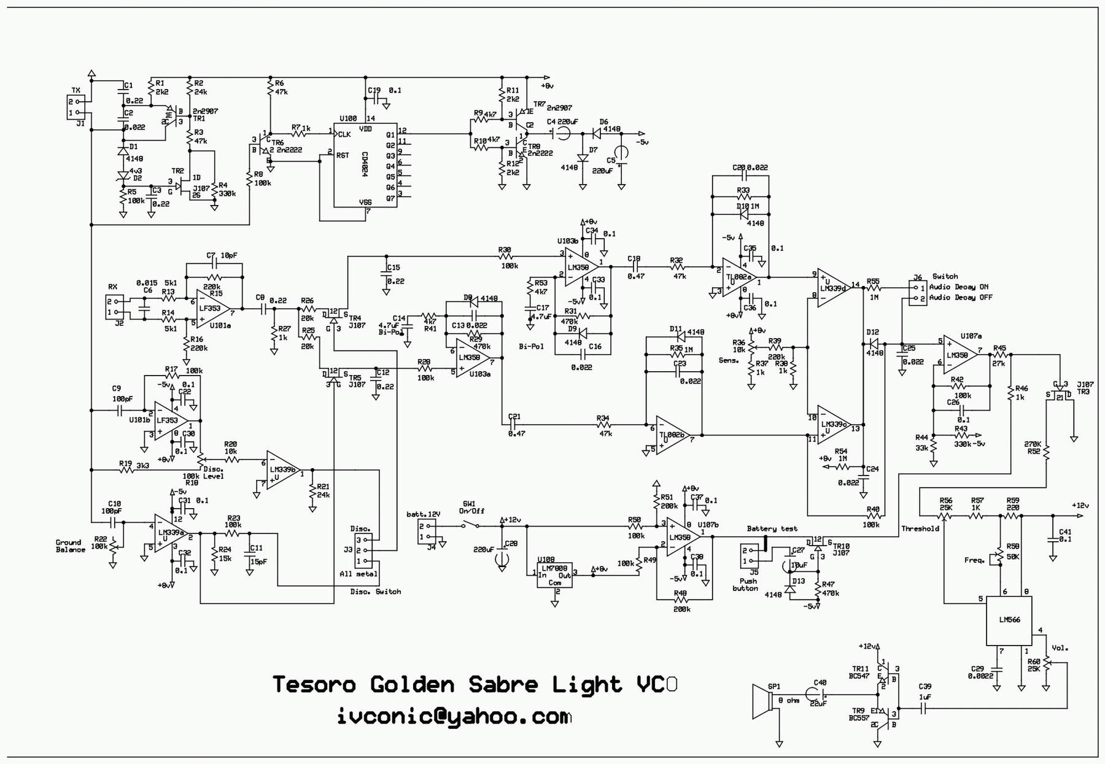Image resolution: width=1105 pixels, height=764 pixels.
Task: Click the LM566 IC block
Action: tap(1009, 620)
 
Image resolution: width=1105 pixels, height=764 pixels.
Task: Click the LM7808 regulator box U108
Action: tap(554, 576)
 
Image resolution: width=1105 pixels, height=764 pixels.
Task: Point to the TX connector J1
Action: tap(74, 107)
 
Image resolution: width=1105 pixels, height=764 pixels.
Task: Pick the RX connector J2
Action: tap(114, 306)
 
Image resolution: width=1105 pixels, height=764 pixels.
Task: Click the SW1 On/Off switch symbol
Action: tap(471, 525)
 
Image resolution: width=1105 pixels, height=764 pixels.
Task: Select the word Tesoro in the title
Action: tap(314, 684)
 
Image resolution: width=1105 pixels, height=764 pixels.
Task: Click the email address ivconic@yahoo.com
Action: tap(454, 717)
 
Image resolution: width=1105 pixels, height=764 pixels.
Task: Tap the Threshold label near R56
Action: tap(920, 528)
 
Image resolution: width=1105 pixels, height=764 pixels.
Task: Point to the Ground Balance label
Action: tap(70, 546)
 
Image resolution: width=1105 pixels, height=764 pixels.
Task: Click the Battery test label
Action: tap(772, 528)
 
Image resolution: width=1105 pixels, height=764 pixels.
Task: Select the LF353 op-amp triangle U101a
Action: tap(214, 309)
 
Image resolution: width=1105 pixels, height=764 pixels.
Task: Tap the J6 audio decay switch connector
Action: tap(918, 293)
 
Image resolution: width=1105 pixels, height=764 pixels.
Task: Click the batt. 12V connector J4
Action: tap(427, 531)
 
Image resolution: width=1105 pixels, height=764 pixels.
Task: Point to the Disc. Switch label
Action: tap(375, 592)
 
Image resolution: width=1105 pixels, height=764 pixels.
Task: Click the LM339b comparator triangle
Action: tap(282, 470)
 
